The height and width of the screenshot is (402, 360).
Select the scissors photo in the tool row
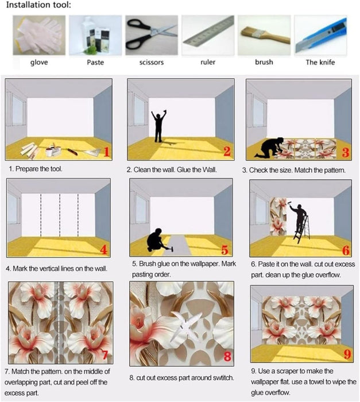coord(152,35)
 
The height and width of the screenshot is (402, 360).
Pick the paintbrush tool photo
coord(264,35)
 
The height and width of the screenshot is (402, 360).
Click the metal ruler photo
coord(208,35)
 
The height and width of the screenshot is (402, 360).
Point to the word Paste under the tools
coord(95,62)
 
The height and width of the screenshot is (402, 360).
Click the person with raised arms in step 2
coord(158,125)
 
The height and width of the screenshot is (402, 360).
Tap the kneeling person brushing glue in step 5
coord(155,241)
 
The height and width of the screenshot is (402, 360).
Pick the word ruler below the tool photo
coord(208,62)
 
